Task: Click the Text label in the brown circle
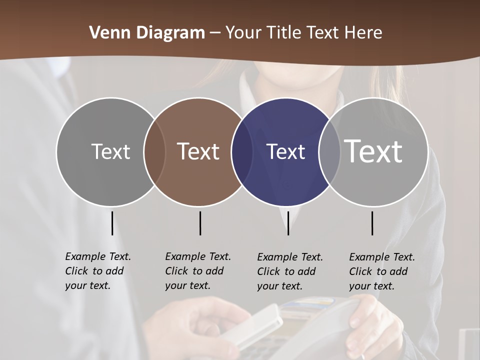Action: pos(198,151)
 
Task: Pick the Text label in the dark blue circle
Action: pos(286,152)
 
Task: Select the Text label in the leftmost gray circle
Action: pos(110,151)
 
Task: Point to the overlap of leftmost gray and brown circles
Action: pos(154,152)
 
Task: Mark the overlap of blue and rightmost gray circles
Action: pos(329,152)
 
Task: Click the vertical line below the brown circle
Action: pos(200,223)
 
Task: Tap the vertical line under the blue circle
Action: pos(288,223)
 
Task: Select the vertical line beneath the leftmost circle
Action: pos(112,223)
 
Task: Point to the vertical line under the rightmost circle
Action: pos(372,223)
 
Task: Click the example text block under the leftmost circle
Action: pos(97,271)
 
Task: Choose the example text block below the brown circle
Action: pos(197,271)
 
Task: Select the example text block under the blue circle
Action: pos(289,271)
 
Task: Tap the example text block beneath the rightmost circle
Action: pos(381,271)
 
